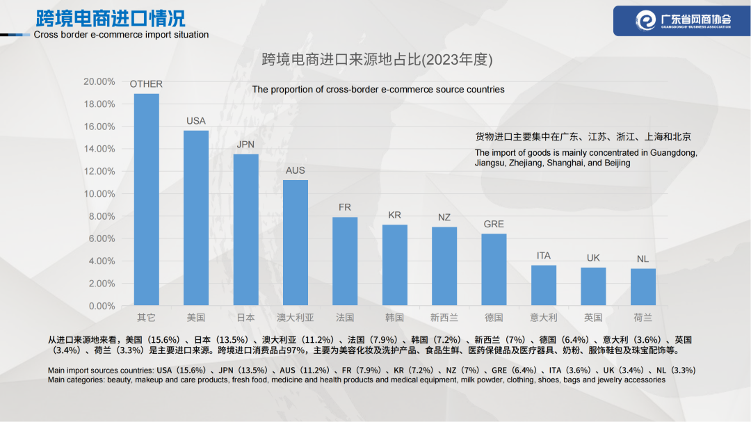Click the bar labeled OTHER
click(146, 200)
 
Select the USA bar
click(196, 218)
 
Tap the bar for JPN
click(245, 230)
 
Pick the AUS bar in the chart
click(296, 243)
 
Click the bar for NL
click(643, 287)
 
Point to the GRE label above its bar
click(494, 224)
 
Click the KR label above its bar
click(394, 216)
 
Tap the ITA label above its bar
click(544, 256)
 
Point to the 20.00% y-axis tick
click(99, 81)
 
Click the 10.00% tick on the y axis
click(99, 193)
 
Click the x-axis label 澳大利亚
click(296, 318)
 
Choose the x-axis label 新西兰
click(444, 318)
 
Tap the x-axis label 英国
click(593, 318)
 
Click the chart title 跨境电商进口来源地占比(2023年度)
click(377, 60)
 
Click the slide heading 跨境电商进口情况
click(111, 17)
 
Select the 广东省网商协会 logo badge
click(681, 20)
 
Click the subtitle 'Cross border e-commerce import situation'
click(121, 35)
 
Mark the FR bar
click(345, 261)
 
